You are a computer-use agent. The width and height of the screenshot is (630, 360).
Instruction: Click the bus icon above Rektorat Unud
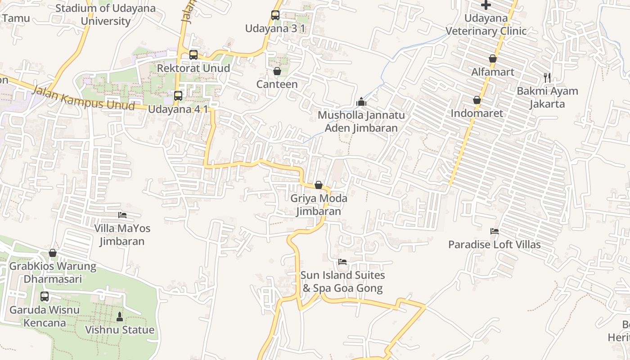[193, 55]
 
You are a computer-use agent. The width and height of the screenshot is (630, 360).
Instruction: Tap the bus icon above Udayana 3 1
[275, 15]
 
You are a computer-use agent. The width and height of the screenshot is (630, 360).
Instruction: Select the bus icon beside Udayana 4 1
[178, 95]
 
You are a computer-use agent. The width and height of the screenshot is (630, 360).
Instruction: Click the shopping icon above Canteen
[277, 71]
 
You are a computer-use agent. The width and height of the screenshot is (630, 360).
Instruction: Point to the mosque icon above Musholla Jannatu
[361, 102]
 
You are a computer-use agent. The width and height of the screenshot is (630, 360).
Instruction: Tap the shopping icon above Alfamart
[493, 58]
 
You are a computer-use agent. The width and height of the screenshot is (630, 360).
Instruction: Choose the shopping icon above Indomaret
[477, 100]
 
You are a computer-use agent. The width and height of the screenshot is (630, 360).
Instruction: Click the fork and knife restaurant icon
[547, 77]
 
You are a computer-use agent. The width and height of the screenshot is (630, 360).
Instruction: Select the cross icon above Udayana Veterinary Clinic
[486, 5]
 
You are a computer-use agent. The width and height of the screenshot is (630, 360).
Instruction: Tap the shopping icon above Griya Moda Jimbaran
[319, 185]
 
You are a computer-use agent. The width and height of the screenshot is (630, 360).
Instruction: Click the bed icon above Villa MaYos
[122, 215]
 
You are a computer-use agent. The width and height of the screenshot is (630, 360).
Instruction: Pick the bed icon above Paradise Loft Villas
[495, 231]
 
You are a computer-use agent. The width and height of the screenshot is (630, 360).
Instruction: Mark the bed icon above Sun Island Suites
[342, 262]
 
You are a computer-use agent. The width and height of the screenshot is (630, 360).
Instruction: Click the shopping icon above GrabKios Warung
[53, 253]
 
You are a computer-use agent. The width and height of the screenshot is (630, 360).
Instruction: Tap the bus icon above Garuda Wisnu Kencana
[45, 297]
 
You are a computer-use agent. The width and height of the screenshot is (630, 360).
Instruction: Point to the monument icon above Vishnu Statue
[120, 316]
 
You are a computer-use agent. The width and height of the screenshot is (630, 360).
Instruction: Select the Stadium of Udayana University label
[105, 14]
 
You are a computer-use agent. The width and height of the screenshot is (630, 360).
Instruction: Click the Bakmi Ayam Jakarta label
[547, 97]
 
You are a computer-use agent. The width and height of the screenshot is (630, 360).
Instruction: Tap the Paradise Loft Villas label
[494, 245]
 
